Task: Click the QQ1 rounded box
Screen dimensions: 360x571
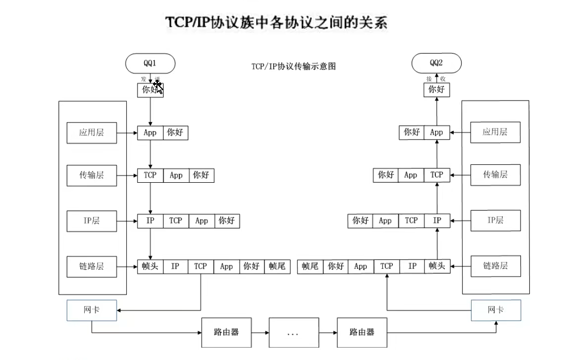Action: point(150,63)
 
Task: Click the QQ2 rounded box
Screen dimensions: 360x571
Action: point(436,63)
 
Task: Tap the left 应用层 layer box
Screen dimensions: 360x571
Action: point(92,133)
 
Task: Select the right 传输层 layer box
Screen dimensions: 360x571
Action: point(495,175)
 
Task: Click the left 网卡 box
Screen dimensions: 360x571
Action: point(92,310)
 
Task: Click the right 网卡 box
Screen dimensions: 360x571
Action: point(496,310)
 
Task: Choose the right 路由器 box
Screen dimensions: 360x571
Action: point(362,332)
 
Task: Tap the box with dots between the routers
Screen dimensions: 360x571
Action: point(293,332)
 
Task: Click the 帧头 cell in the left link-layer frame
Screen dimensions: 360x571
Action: point(150,266)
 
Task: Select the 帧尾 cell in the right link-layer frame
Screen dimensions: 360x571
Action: point(310,266)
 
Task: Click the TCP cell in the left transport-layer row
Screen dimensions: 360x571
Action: point(150,175)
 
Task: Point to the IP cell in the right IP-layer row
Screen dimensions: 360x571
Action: point(437,221)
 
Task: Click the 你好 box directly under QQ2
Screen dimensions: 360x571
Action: point(436,90)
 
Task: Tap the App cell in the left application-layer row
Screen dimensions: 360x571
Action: point(150,133)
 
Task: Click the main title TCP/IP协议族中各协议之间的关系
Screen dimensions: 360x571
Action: point(276,23)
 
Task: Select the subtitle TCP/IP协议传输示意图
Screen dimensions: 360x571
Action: point(293,66)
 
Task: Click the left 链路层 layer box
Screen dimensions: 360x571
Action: point(92,266)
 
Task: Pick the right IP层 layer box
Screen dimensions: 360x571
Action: point(495,221)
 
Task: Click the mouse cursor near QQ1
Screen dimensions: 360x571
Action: point(158,88)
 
